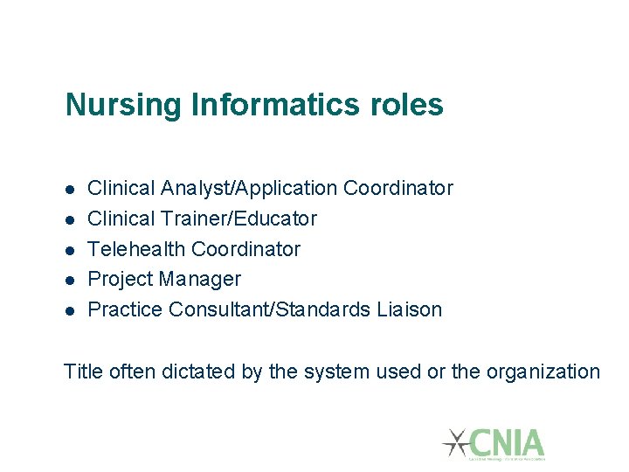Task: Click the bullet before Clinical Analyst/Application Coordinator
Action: pos(69,189)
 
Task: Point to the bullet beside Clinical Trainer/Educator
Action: pos(69,219)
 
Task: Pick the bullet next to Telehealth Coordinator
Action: pos(69,250)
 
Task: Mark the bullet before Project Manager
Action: pos(69,281)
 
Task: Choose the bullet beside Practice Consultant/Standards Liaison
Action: pos(69,310)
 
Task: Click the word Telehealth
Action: pos(137,249)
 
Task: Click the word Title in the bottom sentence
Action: pos(84,371)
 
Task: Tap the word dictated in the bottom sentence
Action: pos(199,371)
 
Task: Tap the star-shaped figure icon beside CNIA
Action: pos(455,442)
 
